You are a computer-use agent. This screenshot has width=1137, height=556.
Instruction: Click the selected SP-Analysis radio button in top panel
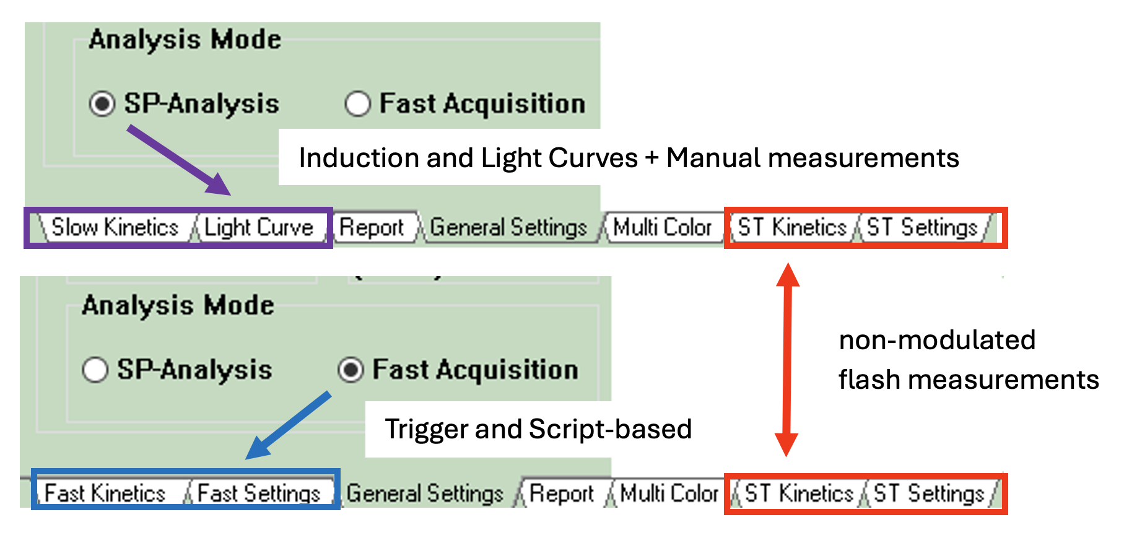102,103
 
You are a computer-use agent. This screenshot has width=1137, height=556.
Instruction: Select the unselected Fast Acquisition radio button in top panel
357,103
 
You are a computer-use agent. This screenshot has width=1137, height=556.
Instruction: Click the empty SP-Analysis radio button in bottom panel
95,370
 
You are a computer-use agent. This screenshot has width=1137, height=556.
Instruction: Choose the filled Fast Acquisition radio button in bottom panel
351,370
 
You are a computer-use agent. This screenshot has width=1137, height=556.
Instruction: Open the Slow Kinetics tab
115,228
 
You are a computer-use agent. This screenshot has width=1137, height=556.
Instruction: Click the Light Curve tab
259,228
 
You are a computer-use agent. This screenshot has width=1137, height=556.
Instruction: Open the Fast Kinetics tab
105,493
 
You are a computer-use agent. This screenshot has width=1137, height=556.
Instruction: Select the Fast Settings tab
259,493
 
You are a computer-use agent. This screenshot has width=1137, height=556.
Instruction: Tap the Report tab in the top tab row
372,228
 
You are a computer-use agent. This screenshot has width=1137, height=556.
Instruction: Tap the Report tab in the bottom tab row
562,493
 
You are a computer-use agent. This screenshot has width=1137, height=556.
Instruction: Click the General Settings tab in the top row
508,228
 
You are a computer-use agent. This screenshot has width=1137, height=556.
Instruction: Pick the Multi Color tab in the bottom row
669,493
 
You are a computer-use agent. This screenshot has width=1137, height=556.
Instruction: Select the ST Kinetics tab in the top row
792,228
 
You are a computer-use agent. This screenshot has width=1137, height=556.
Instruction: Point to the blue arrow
289,425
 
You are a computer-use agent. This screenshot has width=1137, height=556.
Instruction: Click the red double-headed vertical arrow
787,359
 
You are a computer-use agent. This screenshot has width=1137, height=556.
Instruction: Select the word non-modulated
937,340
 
